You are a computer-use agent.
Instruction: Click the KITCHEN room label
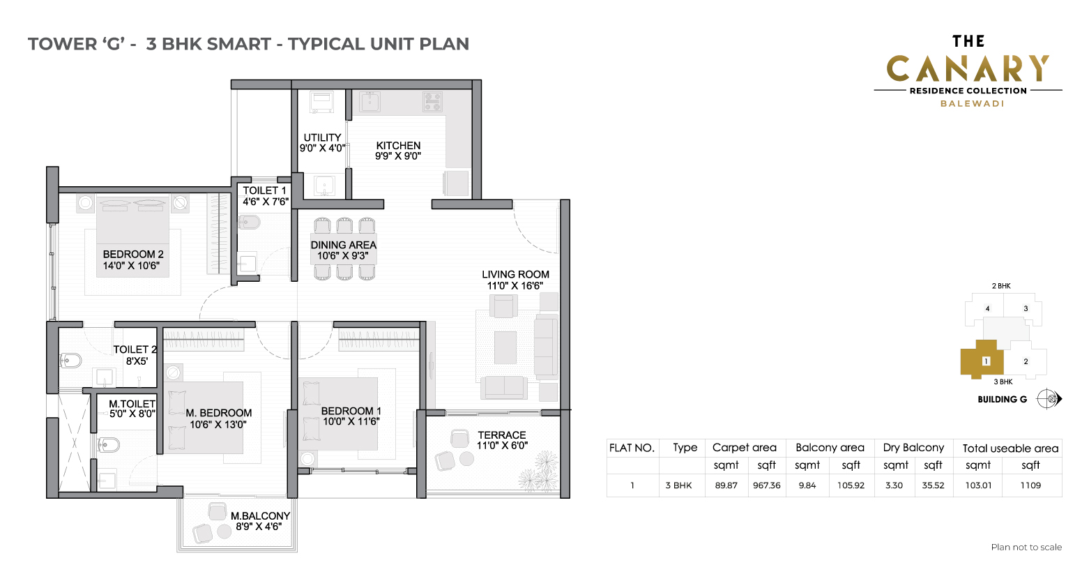coord(398,145)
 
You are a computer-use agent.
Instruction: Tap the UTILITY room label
coord(322,137)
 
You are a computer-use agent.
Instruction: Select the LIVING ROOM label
coord(515,275)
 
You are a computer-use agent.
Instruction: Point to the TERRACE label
coord(502,435)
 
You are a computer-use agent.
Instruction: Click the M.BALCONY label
coord(260,516)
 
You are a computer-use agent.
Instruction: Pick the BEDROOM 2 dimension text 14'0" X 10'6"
coord(131,266)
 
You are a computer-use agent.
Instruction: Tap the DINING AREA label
coord(343,245)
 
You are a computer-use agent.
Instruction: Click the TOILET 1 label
coord(264,190)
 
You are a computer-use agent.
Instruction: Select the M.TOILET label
coord(132,404)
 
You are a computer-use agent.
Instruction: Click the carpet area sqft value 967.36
coord(767,485)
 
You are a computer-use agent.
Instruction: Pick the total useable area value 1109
coord(1030,485)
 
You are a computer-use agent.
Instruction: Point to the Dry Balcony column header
coord(913,447)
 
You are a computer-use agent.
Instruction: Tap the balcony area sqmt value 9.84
coord(807,485)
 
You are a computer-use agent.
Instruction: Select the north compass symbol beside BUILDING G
coord(1049,399)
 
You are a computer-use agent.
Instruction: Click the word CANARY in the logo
coord(968,68)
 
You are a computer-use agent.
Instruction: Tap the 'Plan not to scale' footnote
coord(1026,548)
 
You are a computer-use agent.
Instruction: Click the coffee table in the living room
coord(505,347)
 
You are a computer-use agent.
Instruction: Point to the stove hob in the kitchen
coord(432,102)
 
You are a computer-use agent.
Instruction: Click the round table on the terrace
coord(466,458)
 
